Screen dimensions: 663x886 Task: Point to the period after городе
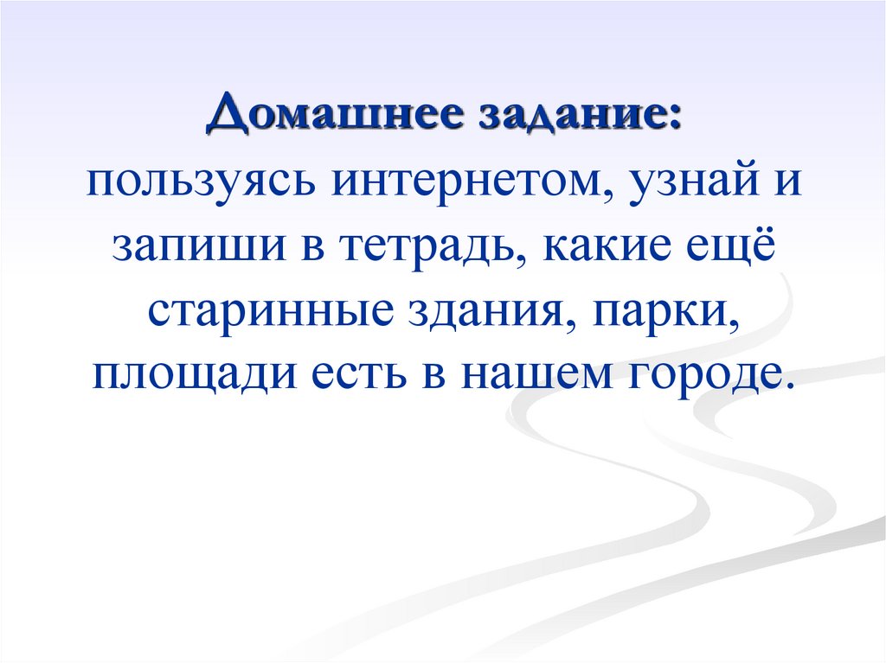pyautogui.click(x=786, y=386)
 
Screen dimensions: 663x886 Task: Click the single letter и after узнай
pyautogui.click(x=789, y=184)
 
